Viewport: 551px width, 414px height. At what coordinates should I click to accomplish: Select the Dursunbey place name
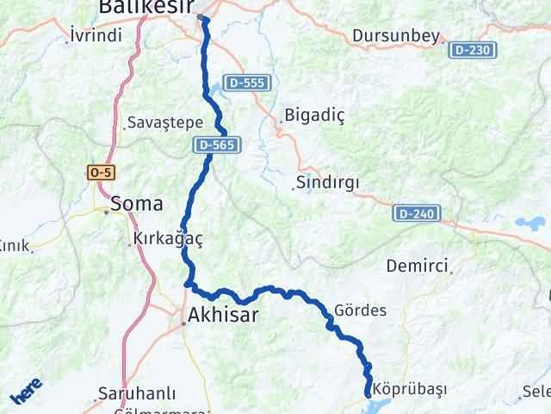point(396,37)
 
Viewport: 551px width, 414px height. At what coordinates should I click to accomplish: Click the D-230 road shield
point(471,51)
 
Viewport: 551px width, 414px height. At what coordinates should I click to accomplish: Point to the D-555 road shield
point(247,84)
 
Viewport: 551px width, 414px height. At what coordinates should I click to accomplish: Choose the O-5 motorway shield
point(100,172)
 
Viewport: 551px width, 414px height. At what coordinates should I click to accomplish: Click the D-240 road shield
point(418,212)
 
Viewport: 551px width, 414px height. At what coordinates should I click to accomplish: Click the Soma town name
point(135,204)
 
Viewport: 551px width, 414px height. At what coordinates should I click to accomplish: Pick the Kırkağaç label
point(168,240)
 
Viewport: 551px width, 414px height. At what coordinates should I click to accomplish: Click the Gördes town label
point(360,310)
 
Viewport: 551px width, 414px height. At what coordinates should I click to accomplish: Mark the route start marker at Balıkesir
point(201,17)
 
